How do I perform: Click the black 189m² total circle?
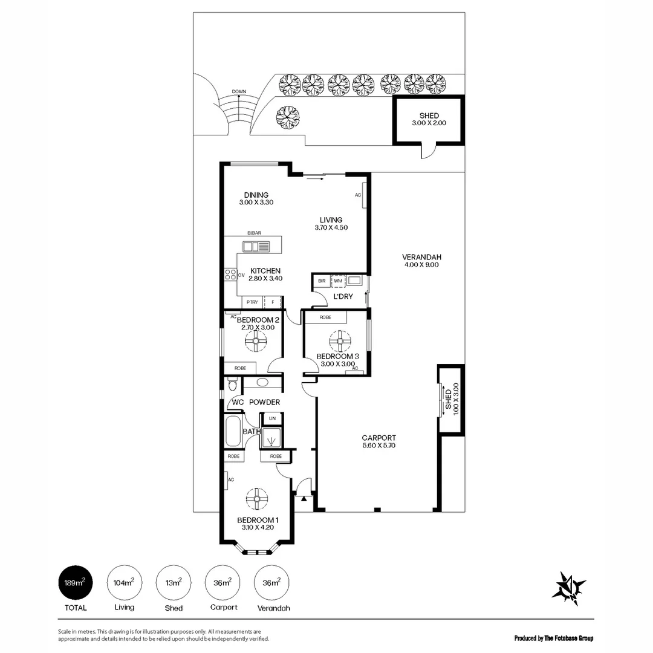pyautogui.click(x=75, y=583)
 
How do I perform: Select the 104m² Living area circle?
pyautogui.click(x=124, y=583)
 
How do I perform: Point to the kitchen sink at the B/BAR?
pyautogui.click(x=256, y=246)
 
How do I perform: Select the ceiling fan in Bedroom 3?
pyautogui.click(x=340, y=342)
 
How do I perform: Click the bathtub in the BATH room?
pyautogui.click(x=232, y=430)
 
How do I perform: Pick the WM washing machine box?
pyautogui.click(x=337, y=281)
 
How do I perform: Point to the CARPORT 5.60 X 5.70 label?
pyautogui.click(x=378, y=441)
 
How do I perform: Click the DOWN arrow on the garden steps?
pyautogui.click(x=239, y=94)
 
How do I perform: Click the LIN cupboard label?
pyautogui.click(x=272, y=418)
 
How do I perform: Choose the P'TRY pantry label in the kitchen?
pyautogui.click(x=251, y=302)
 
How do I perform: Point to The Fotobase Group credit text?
pyautogui.click(x=553, y=638)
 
